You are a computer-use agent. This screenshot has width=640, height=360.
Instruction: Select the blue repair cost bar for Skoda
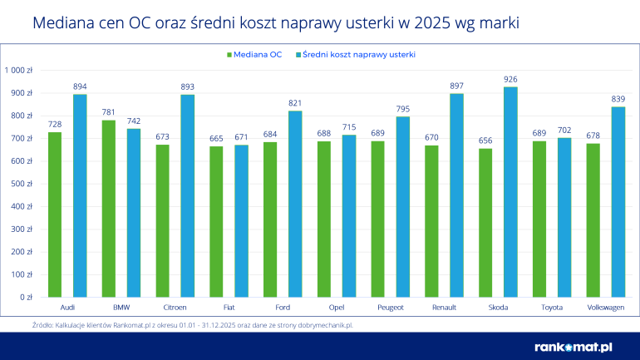pyautogui.click(x=510, y=192)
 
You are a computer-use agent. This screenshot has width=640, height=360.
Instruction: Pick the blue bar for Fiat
pyautogui.click(x=241, y=221)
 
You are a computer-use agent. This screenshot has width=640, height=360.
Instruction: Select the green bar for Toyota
pyautogui.click(x=539, y=219)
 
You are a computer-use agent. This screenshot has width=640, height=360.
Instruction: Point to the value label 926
pyautogui.click(x=510, y=80)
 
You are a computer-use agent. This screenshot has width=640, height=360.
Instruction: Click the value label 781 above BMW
pyautogui.click(x=109, y=113)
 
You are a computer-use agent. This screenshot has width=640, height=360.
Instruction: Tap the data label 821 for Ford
pyautogui.click(x=295, y=104)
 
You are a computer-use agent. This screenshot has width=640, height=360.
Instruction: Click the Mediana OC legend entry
pyautogui.click(x=254, y=55)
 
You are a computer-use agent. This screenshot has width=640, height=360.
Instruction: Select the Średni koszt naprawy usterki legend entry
pyautogui.click(x=358, y=55)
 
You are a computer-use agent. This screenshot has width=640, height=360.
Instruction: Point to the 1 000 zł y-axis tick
pyautogui.click(x=18, y=71)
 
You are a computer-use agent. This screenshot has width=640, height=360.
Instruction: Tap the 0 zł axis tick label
pyautogui.click(x=26, y=297)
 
